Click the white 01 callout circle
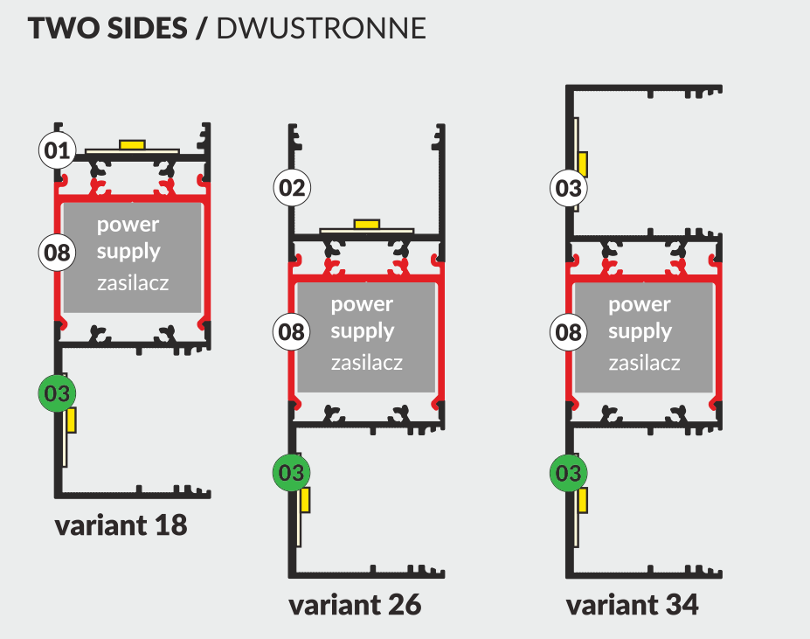(58, 150)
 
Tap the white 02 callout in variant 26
(293, 187)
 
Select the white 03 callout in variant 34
(568, 187)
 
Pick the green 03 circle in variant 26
(292, 473)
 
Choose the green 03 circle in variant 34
(568, 473)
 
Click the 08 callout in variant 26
(293, 331)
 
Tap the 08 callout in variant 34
(568, 331)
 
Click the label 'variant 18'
(121, 526)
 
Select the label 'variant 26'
(355, 605)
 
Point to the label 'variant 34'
(632, 605)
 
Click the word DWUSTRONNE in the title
(321, 28)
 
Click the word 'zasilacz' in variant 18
(132, 282)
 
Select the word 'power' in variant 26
(362, 304)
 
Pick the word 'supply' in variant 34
(640, 332)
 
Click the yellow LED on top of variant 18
(133, 143)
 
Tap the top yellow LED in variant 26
(366, 224)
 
